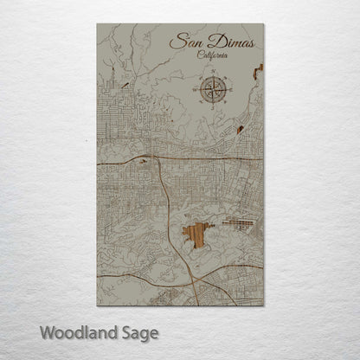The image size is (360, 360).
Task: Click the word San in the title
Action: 184,41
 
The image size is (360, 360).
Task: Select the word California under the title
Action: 214,55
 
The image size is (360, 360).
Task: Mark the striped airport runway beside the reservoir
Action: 236,223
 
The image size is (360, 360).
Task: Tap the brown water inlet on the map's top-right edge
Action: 257,73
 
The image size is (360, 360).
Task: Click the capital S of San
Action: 176,41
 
